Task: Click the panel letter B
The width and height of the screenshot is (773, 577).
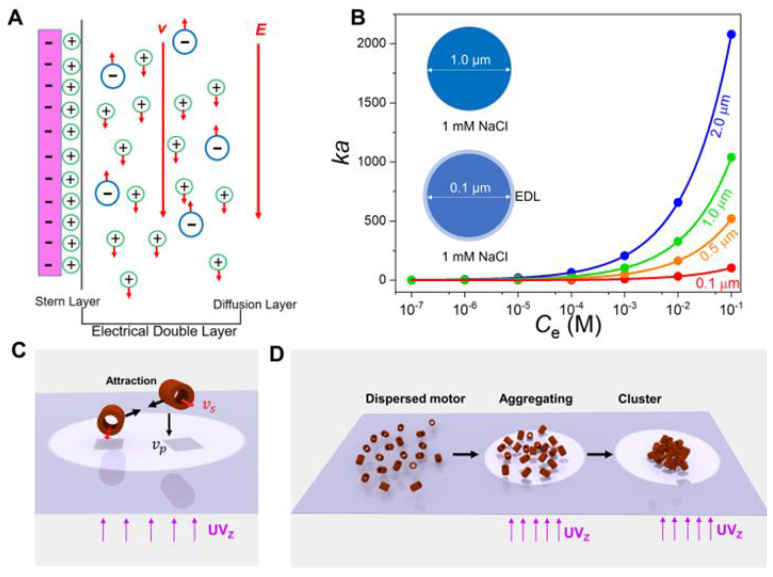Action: [358, 18]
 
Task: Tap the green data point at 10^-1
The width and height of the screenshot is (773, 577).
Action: [731, 158]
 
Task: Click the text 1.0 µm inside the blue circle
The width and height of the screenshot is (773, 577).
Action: [470, 60]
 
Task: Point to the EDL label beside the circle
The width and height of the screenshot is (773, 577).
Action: [527, 197]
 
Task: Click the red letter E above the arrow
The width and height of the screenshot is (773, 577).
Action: [261, 30]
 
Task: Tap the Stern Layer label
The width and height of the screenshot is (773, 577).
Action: [67, 301]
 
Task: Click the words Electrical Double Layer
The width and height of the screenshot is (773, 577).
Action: [164, 331]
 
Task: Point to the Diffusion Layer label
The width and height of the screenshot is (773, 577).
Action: [255, 305]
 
